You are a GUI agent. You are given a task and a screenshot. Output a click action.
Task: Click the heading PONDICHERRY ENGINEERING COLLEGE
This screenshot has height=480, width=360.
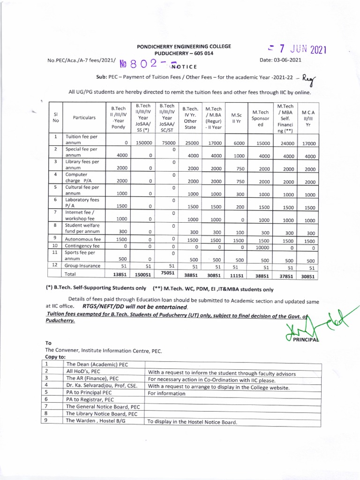(183, 46)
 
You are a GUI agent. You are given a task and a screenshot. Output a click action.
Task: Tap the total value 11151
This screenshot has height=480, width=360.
(236, 276)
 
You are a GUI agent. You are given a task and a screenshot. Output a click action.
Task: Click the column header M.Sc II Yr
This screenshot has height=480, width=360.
(236, 115)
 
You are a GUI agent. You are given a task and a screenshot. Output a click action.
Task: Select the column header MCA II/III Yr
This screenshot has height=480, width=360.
(307, 119)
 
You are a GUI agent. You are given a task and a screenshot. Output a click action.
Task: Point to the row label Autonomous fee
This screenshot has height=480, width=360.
(84, 239)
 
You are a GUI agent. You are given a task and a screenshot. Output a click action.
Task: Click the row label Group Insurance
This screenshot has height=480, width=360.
(83, 266)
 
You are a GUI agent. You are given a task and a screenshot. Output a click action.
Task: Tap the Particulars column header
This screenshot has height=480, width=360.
(84, 118)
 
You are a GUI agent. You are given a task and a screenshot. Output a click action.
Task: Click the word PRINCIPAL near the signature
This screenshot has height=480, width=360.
(306, 339)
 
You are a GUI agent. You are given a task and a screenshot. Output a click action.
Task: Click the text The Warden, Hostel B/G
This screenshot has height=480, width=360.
(96, 421)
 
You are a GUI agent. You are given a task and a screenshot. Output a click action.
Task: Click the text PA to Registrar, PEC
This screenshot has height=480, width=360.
(90, 400)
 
